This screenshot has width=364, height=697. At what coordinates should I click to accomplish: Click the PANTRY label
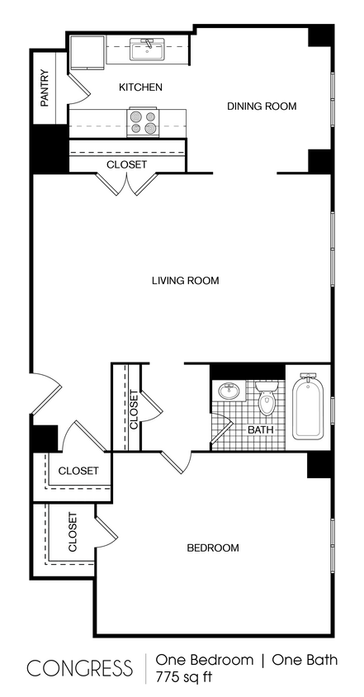click(x=45, y=88)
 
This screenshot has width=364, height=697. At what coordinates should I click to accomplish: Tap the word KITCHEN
click(x=140, y=87)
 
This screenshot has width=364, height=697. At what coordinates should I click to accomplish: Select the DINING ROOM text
click(x=262, y=106)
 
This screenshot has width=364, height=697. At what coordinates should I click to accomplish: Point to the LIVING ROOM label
click(x=185, y=281)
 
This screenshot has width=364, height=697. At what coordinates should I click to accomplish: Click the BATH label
click(x=260, y=430)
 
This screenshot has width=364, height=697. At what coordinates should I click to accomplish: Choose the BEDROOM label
click(x=213, y=548)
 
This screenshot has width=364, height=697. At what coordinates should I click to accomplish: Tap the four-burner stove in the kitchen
click(x=143, y=123)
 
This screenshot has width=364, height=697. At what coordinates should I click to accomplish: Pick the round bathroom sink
click(x=229, y=390)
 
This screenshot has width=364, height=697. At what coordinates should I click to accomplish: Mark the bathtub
click(x=306, y=408)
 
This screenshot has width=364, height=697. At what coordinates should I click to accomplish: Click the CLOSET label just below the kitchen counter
click(x=127, y=164)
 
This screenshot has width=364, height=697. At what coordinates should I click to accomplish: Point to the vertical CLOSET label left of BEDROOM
click(x=73, y=532)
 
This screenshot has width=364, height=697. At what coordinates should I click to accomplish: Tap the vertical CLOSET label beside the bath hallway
click(x=134, y=409)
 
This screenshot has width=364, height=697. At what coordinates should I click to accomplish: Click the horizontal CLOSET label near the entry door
click(x=78, y=471)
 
